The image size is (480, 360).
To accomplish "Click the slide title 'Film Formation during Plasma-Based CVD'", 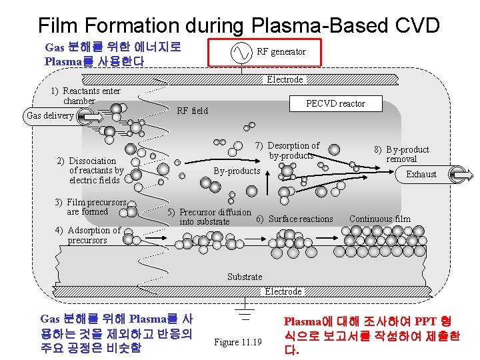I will [239, 25].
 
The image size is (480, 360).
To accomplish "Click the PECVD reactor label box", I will [335, 103].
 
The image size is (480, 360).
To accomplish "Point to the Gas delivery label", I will [49, 116].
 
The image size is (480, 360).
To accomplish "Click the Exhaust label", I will [421, 174].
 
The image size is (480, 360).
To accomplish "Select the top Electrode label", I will [285, 80].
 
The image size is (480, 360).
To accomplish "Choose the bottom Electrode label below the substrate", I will [283, 291].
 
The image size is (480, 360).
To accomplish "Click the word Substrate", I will [245, 277].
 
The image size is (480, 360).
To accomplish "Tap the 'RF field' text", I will [192, 111].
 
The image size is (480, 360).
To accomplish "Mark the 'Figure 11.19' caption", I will [238, 342].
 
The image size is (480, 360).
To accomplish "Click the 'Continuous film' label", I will [380, 219].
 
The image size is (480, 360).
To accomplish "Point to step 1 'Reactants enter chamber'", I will [86, 96].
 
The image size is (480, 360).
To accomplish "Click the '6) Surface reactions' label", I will [295, 219].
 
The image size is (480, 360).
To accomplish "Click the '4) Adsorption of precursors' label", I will [88, 235].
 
